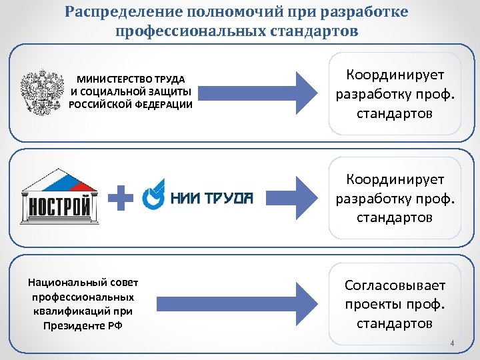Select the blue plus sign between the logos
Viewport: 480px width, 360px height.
[121, 198]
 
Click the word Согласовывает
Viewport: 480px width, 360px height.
[395, 285]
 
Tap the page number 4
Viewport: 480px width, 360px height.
[452, 343]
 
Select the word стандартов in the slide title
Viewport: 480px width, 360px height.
[310, 31]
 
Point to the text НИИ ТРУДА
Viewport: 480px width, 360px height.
[212, 197]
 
